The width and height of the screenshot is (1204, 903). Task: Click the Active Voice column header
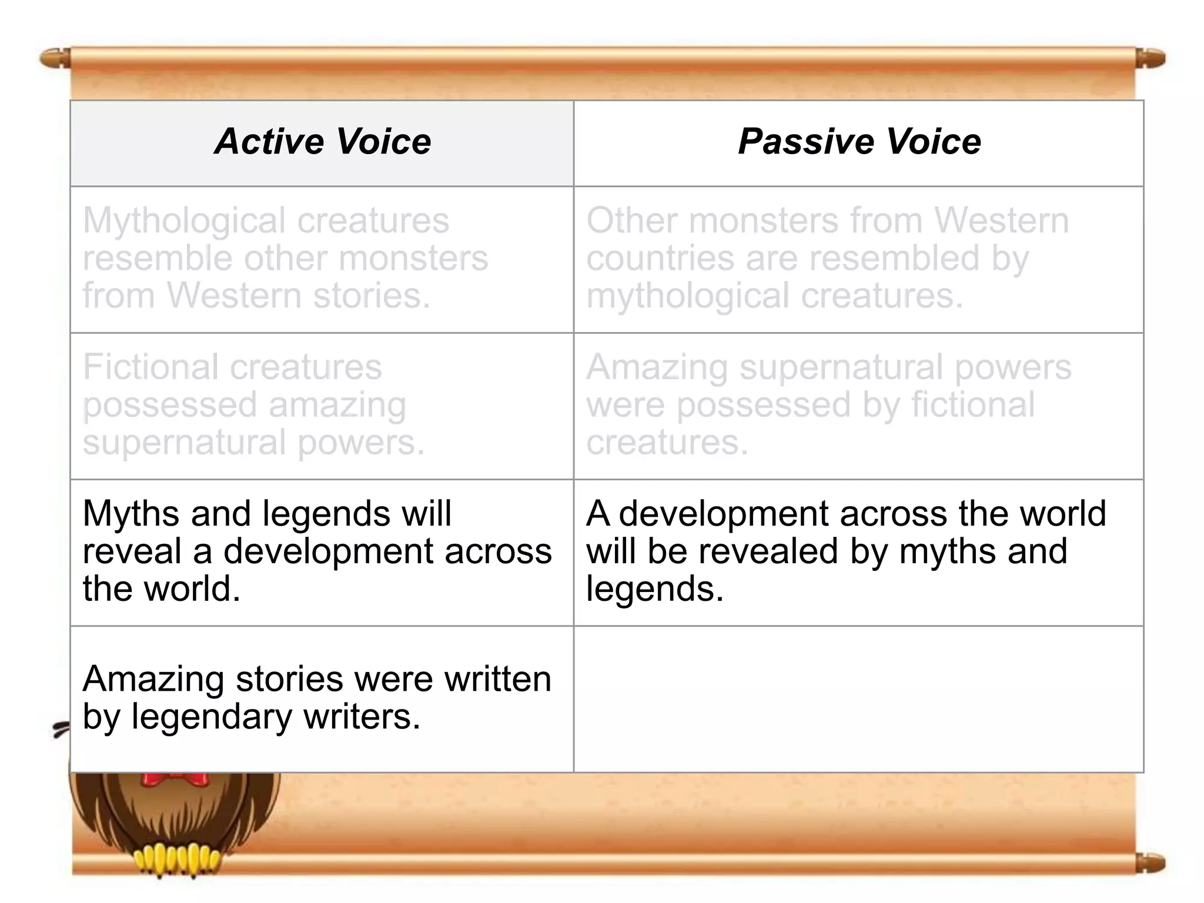(323, 142)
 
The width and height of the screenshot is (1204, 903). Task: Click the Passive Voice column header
(859, 142)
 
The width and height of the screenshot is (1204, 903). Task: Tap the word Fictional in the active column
(150, 367)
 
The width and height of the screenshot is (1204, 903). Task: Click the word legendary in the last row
(212, 717)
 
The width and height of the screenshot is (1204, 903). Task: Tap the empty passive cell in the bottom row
(858, 700)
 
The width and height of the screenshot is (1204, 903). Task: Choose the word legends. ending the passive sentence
(655, 590)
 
